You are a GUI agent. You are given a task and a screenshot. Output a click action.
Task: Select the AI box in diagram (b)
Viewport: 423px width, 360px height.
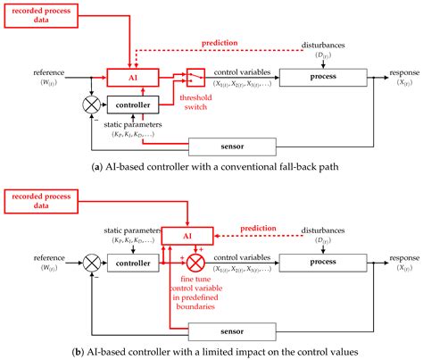187,235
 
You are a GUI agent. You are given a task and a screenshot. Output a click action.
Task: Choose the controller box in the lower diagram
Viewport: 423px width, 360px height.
132,264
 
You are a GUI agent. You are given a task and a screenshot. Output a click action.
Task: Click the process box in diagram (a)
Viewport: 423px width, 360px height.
323,78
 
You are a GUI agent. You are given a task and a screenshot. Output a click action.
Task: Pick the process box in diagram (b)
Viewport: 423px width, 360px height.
323,264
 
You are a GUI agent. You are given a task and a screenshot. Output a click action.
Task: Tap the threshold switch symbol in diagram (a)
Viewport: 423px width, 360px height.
195,79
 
